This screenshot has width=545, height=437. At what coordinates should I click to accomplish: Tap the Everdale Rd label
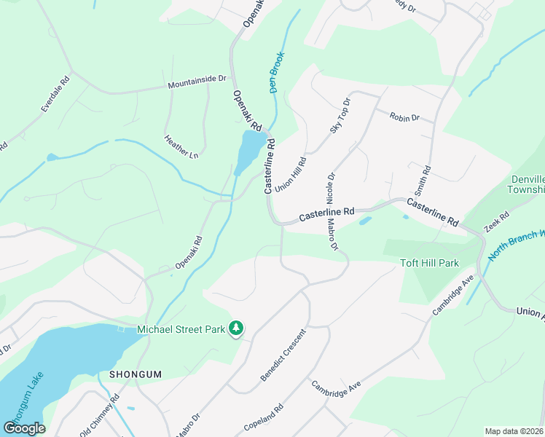pyautogui.click(x=54, y=94)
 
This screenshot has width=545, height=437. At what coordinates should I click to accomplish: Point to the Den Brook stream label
pyautogui.click(x=277, y=74)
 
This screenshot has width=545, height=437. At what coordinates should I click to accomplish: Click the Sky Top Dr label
pyautogui.click(x=340, y=115)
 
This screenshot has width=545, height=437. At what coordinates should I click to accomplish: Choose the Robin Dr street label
pyautogui.click(x=404, y=117)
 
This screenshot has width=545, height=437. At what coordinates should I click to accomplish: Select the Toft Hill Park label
pyautogui.click(x=430, y=263)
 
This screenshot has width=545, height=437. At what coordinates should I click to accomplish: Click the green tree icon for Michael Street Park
pyautogui.click(x=235, y=330)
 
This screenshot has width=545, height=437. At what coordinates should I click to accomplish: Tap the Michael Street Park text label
pyautogui.click(x=181, y=330)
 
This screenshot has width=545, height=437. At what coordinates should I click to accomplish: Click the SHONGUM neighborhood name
pyautogui.click(x=134, y=374)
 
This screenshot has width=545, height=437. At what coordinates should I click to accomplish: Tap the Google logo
pyautogui.click(x=24, y=428)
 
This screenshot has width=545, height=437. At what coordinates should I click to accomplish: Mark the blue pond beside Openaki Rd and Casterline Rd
pyautogui.click(x=250, y=149)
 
